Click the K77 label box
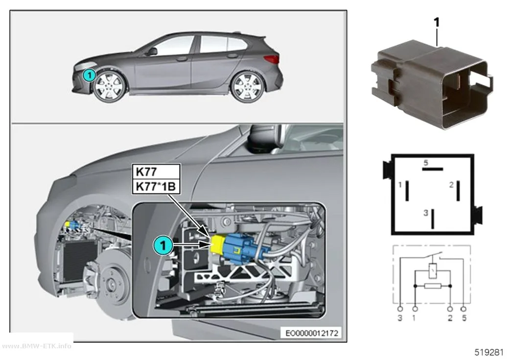click(156, 171)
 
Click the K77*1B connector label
click(156, 186)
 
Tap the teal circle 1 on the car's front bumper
click(89, 75)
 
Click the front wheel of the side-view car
click(110, 86)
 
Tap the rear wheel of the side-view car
click(247, 87)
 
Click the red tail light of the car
click(272, 59)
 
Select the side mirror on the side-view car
click(152, 51)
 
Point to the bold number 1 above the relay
click(436, 23)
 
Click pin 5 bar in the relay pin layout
click(432, 169)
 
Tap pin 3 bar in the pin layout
click(433, 218)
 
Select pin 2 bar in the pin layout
click(458, 191)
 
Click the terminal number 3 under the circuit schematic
click(400, 318)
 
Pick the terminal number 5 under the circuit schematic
click(464, 318)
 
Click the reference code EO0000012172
click(312, 333)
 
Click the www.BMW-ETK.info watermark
click(36, 346)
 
